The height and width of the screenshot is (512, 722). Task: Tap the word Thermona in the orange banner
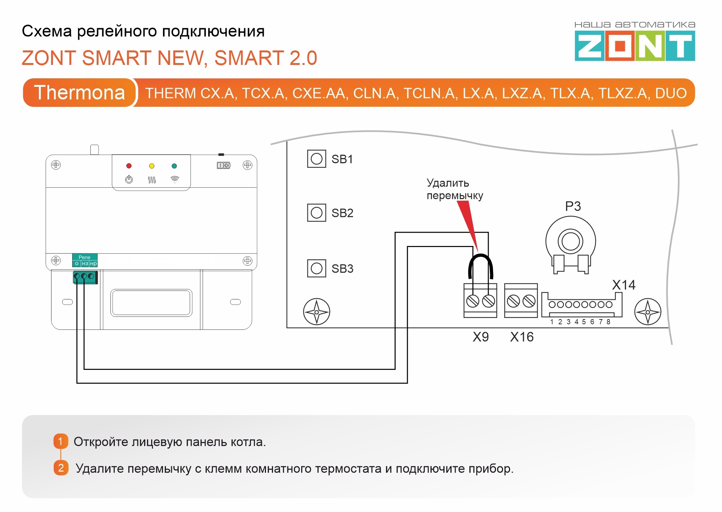point(80,92)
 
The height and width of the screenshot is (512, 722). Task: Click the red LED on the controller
point(129,166)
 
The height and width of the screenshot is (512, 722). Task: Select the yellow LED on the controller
point(152,166)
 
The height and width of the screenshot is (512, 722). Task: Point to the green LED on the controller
point(174,166)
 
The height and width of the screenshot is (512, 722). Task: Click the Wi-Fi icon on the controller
point(174,179)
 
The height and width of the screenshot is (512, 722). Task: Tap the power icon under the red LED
point(129,180)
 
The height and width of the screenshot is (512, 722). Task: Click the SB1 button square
point(316,159)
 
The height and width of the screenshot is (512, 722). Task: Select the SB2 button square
point(316,213)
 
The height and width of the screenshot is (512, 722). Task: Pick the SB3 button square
point(316,268)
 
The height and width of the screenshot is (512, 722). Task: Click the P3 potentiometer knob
point(570,242)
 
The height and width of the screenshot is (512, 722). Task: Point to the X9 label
point(480,337)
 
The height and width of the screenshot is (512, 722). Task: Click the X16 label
point(522,337)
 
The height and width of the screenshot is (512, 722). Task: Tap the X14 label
point(623,285)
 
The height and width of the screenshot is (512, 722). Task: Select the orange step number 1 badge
point(61,441)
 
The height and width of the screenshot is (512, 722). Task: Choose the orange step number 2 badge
point(61,468)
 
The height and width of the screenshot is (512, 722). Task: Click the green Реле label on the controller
point(84,257)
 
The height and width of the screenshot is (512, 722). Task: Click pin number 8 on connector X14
point(608,322)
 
